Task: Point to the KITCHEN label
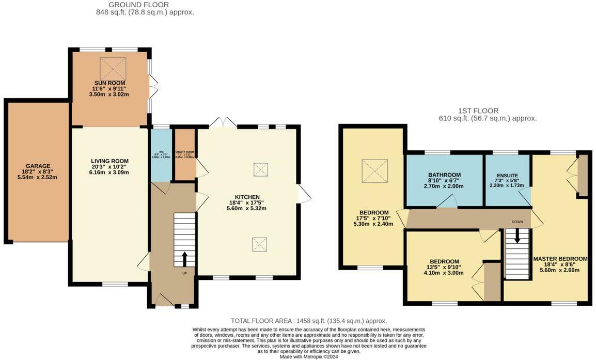coord(247,197)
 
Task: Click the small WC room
coord(161,155)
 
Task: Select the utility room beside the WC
coord(184,154)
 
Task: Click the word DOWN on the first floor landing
coord(517,222)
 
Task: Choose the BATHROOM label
coord(444,175)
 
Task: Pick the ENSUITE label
coord(508,176)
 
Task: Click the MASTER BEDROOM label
coord(560,259)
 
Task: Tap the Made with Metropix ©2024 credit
coord(308,356)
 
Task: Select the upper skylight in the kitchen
coord(261,169)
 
